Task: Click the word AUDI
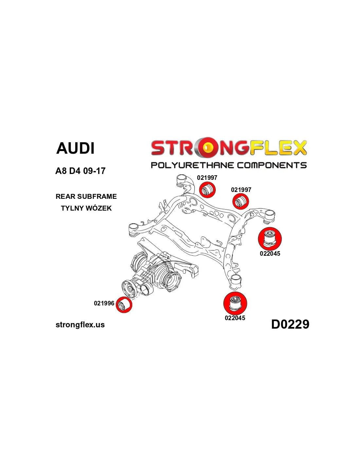[x=75, y=148]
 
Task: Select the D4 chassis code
[x=75, y=171]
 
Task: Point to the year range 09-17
[x=94, y=171]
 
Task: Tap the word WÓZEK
[x=99, y=208]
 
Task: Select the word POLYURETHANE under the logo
[x=192, y=165]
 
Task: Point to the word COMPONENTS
[x=272, y=165]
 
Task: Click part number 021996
[x=104, y=303]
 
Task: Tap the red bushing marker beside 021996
[x=124, y=305]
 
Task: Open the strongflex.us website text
[x=80, y=325]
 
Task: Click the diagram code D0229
[x=290, y=324]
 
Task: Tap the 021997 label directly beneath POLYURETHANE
[x=207, y=178]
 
